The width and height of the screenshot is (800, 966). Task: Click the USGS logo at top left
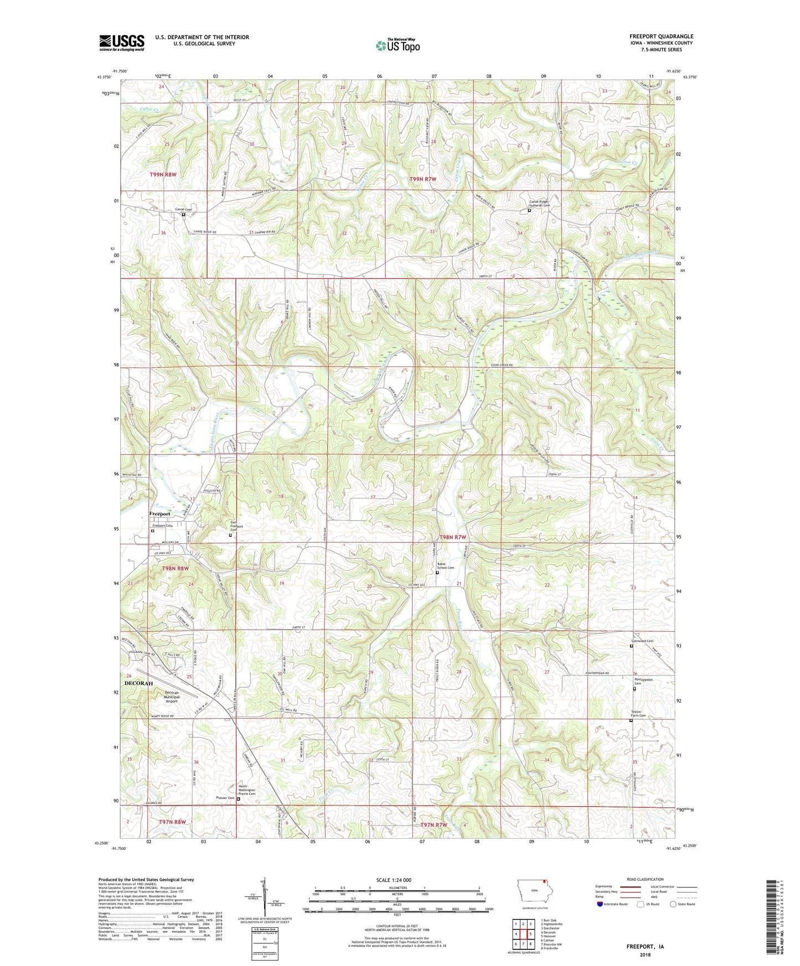[122, 43]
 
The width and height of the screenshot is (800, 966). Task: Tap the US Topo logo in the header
[397, 45]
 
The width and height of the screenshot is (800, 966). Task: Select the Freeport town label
[159, 514]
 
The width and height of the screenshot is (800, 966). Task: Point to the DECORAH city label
[138, 683]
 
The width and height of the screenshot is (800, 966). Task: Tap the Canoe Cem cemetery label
[183, 209]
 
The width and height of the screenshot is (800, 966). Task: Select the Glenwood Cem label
[643, 642]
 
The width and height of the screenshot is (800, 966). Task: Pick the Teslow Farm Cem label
[638, 714]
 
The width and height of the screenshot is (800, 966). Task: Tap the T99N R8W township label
[163, 174]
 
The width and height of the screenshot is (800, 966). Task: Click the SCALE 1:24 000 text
[394, 880]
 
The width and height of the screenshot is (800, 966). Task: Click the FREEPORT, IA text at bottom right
[645, 947]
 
